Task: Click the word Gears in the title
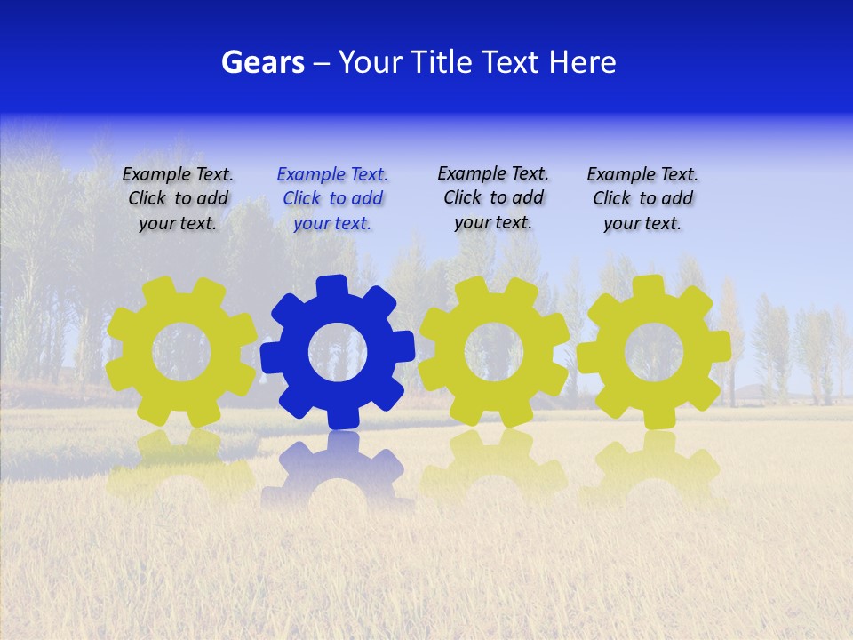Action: (x=262, y=62)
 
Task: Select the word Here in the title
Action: (x=582, y=62)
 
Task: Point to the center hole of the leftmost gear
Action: (x=181, y=351)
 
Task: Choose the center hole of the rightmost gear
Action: (x=654, y=352)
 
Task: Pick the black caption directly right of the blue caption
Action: (x=493, y=197)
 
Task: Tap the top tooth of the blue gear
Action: (x=331, y=287)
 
